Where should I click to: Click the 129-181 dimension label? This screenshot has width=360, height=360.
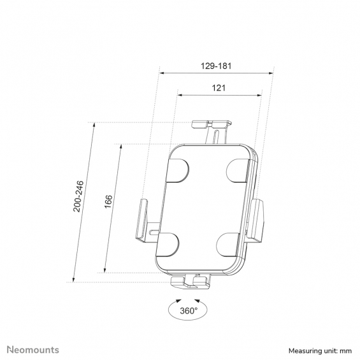[x=216, y=66]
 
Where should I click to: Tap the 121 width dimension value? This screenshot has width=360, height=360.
[x=219, y=88]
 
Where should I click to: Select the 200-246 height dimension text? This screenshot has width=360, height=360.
[x=78, y=196]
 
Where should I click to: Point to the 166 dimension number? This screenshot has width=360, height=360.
[x=108, y=201]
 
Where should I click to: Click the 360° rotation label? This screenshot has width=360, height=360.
[x=189, y=311]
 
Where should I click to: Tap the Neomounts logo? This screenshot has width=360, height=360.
[x=33, y=350]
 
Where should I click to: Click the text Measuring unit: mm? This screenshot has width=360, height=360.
[x=320, y=351]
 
